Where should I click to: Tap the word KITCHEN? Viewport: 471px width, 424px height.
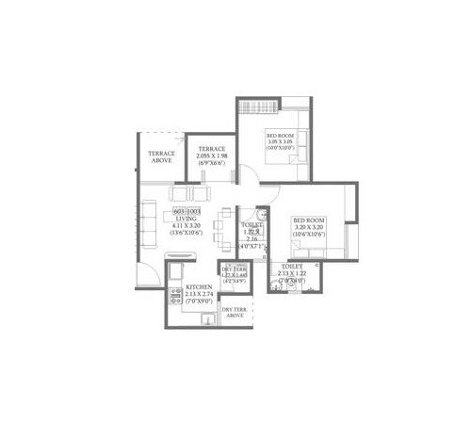point(198,285)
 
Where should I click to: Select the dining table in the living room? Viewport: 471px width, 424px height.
point(220,226)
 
